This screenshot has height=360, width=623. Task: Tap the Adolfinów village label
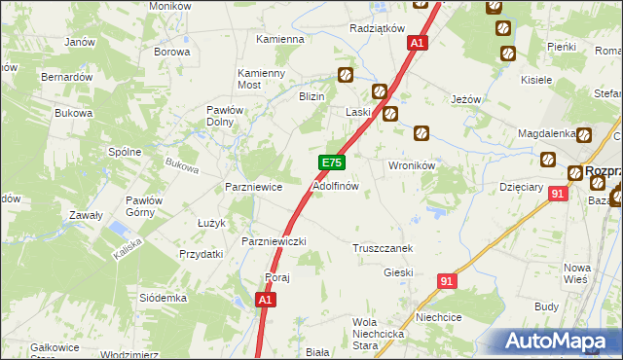coord(336,185)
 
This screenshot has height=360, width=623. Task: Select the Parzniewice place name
coord(253,186)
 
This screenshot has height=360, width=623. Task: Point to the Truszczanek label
coord(383,248)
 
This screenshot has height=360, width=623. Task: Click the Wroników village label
coord(411,165)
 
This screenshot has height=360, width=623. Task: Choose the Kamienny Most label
coord(262,79)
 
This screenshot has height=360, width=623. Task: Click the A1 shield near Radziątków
coord(418,43)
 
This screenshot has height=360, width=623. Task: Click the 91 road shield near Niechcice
coord(447,280)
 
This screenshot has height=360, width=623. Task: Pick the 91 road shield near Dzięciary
coord(557,195)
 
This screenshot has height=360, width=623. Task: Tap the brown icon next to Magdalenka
coord(584,135)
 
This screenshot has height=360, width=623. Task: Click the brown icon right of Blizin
coord(346,74)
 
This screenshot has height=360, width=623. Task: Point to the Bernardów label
coord(66,76)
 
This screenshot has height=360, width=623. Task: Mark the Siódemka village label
coord(163,297)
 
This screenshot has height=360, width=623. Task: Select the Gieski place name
coord(399,272)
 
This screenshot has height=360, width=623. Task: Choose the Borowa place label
coord(171,52)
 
